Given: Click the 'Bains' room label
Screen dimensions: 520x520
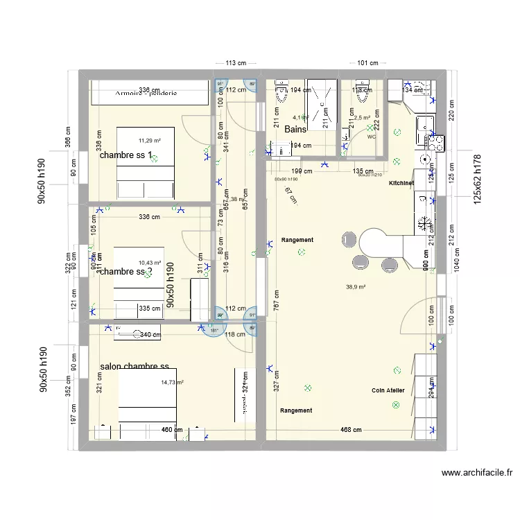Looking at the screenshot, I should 295,130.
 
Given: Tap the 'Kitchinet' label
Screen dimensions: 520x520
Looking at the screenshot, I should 401,183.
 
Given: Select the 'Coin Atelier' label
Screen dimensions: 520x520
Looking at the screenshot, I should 388,390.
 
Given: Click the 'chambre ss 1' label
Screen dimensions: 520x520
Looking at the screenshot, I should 125,155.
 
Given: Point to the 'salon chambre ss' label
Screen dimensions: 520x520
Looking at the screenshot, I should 135,366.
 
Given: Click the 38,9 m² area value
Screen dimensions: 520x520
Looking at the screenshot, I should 356,286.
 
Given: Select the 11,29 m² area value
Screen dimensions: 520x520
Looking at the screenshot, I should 149,141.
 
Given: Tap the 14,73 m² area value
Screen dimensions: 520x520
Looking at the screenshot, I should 172,382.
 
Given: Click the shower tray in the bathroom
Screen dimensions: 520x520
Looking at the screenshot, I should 321,105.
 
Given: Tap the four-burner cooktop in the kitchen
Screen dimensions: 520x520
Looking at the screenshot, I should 435,143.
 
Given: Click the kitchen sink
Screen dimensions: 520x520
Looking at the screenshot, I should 424,125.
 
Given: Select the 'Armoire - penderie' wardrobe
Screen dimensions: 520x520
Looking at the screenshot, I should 149,92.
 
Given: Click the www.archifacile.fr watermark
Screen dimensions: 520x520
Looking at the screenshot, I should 476,473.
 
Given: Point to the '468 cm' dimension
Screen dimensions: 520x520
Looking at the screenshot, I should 351,430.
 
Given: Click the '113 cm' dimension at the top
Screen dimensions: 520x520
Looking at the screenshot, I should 237,63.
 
